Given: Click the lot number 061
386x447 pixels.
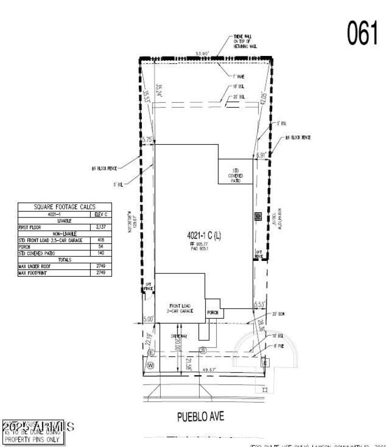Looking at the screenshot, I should point(362,33).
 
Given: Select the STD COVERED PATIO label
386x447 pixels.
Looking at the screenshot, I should point(236,176).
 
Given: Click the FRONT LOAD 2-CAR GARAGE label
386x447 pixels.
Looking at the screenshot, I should point(181,309).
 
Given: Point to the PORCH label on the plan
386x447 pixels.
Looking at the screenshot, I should point(213,313).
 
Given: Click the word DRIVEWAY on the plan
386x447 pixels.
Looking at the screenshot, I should point(179,336).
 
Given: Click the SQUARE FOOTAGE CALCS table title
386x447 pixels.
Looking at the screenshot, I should point(64,207).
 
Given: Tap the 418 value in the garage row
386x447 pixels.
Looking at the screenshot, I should point(101,240).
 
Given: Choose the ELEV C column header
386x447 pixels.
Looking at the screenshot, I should point(101,214).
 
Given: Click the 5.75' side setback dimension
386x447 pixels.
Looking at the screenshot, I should point(147,139).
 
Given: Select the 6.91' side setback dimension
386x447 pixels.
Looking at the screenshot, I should point(261,155).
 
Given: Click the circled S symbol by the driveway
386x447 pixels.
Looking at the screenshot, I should point(203,351).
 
